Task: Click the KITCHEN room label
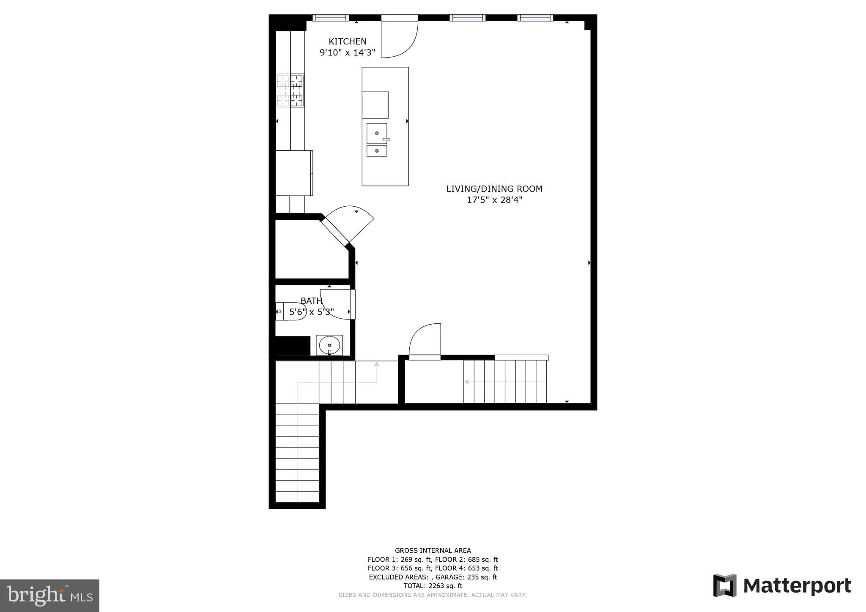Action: tap(348, 41)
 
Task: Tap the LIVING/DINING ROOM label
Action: tap(494, 189)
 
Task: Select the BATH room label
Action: tap(311, 301)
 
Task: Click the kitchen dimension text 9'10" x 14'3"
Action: tap(348, 53)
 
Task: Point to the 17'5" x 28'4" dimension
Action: tap(494, 200)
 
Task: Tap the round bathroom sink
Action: tap(329, 345)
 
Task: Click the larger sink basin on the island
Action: tap(376, 133)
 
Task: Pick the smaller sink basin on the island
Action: tap(376, 151)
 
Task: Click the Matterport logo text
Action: tap(797, 586)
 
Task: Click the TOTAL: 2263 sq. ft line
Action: tap(433, 586)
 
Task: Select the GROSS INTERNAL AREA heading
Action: tap(433, 550)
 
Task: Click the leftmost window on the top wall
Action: tap(331, 18)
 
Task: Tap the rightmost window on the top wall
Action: tap(535, 18)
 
